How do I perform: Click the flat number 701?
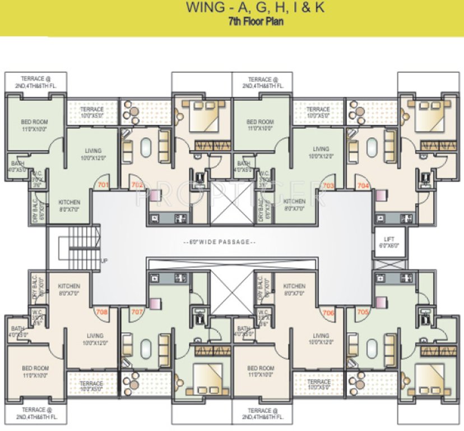coord(103,184)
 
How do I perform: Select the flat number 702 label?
coord(137,184)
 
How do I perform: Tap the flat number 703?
coord(328,185)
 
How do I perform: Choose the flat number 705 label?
coord(363,312)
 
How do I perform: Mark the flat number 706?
coord(328,312)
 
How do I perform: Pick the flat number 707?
coord(137,312)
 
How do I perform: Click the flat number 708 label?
coord(102,312)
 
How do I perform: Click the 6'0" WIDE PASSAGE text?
coord(219,242)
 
